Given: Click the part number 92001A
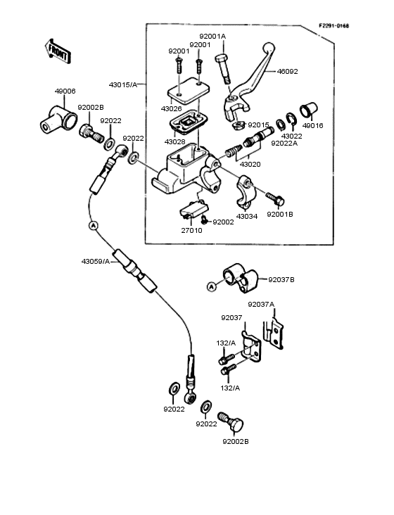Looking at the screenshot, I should click(212, 36).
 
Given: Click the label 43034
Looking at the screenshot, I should click(247, 216).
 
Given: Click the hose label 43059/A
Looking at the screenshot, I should click(96, 262).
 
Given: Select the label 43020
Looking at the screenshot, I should click(250, 163).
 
